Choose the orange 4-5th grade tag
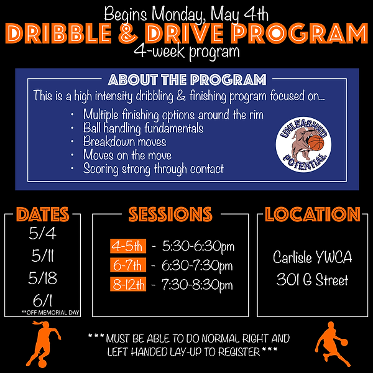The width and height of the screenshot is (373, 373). pyautogui.click(x=127, y=246)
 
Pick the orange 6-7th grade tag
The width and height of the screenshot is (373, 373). pyautogui.click(x=127, y=265)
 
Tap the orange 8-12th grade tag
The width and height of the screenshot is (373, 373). pyautogui.click(x=129, y=285)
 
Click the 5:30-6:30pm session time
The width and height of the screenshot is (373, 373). pyautogui.click(x=197, y=246)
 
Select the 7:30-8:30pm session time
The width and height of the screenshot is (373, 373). pyautogui.click(x=197, y=285)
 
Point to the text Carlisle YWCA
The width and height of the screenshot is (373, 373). pyautogui.click(x=312, y=256)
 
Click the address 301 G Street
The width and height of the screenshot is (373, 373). pyautogui.click(x=312, y=280)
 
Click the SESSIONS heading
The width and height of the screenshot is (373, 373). pyautogui.click(x=170, y=214)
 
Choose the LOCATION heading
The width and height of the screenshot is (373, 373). pyautogui.click(x=313, y=214)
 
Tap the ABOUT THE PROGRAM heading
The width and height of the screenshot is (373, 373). pyautogui.click(x=186, y=80)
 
